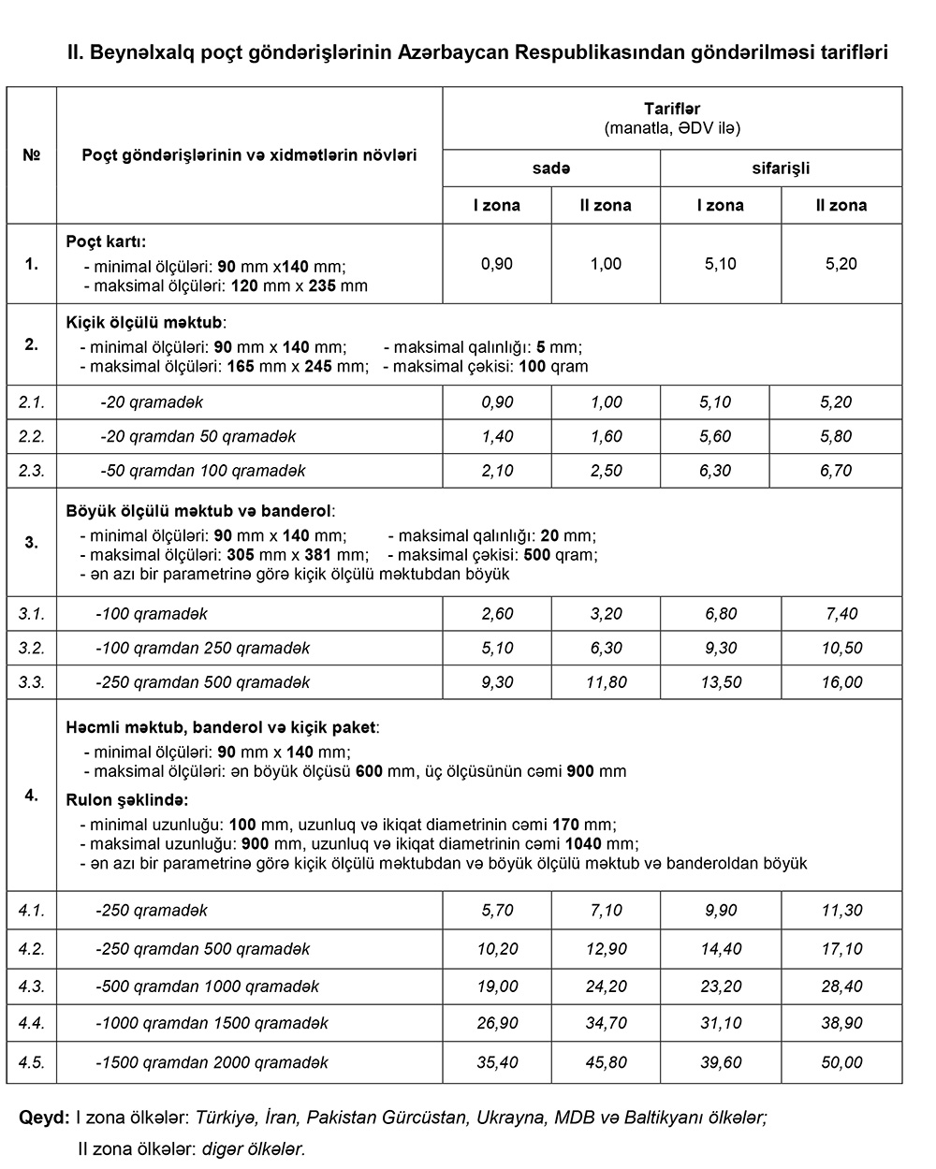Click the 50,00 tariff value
click(x=841, y=1063)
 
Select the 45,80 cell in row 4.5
click(x=606, y=1063)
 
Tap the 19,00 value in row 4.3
click(x=497, y=986)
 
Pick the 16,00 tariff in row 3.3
click(x=841, y=682)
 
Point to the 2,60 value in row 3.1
click(x=497, y=614)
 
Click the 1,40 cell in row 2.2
click(x=497, y=436)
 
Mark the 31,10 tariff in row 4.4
click(x=720, y=1024)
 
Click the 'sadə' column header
click(x=551, y=168)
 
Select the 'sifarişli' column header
click(x=781, y=168)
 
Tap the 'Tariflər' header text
click(x=671, y=109)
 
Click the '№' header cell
click(x=31, y=154)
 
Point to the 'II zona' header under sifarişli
click(x=841, y=205)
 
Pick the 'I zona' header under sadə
click(x=496, y=205)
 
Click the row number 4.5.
click(x=31, y=1063)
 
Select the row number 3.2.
click(x=31, y=648)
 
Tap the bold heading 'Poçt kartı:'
click(x=106, y=241)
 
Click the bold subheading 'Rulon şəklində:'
click(x=127, y=800)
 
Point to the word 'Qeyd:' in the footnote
click(x=44, y=1118)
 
